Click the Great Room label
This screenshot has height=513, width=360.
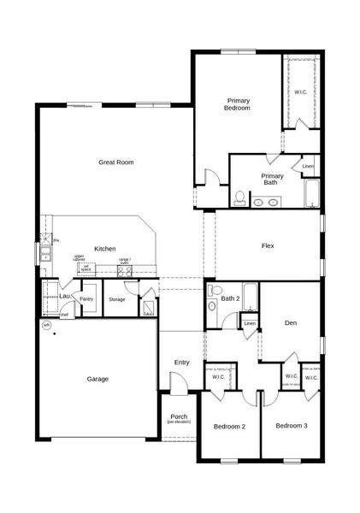pos(115,162)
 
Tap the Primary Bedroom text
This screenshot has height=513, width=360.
pos(238,104)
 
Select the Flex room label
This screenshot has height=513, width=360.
pos(268,246)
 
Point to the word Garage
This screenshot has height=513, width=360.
pos(97,379)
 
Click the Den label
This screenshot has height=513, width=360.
pos(290,322)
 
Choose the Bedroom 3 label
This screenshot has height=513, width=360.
pos(291,425)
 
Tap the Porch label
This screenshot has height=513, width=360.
pos(180,419)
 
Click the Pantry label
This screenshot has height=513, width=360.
pos(86,299)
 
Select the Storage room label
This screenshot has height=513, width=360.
pos(117,299)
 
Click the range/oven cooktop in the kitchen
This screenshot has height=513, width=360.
pos(125,271)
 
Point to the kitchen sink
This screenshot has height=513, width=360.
pos(44,254)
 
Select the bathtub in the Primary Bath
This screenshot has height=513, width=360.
pos(311,193)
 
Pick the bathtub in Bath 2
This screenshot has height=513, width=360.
pos(250,297)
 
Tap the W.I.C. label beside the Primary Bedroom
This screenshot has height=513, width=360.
pos(301,91)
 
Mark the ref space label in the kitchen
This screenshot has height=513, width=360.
pos(86,267)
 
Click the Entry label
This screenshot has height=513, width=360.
pos(181,363)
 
